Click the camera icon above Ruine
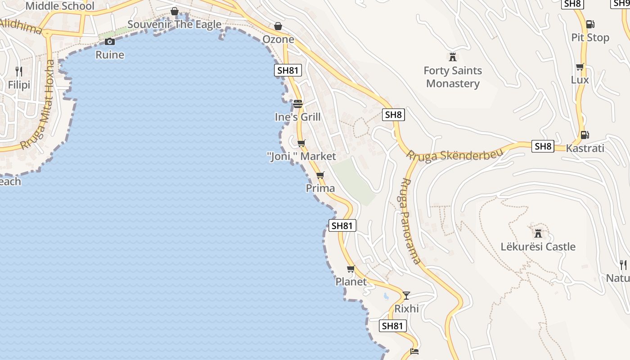(x=109, y=42)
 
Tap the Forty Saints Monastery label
(x=453, y=77)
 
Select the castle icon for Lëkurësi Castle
(x=538, y=233)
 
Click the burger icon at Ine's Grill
(x=297, y=104)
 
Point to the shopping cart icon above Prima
(x=320, y=175)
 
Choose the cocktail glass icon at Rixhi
(x=406, y=295)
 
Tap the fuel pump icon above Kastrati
(x=585, y=135)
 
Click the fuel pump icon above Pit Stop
(x=590, y=24)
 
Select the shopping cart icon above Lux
(x=580, y=67)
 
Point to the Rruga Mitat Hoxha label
(x=39, y=104)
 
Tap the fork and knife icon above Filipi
(x=19, y=71)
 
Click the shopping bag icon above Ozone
(x=278, y=26)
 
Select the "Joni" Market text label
(x=301, y=156)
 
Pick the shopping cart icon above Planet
(x=351, y=269)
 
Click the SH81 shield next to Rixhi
(x=393, y=326)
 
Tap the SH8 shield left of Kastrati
(x=543, y=146)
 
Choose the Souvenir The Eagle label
(x=174, y=24)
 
